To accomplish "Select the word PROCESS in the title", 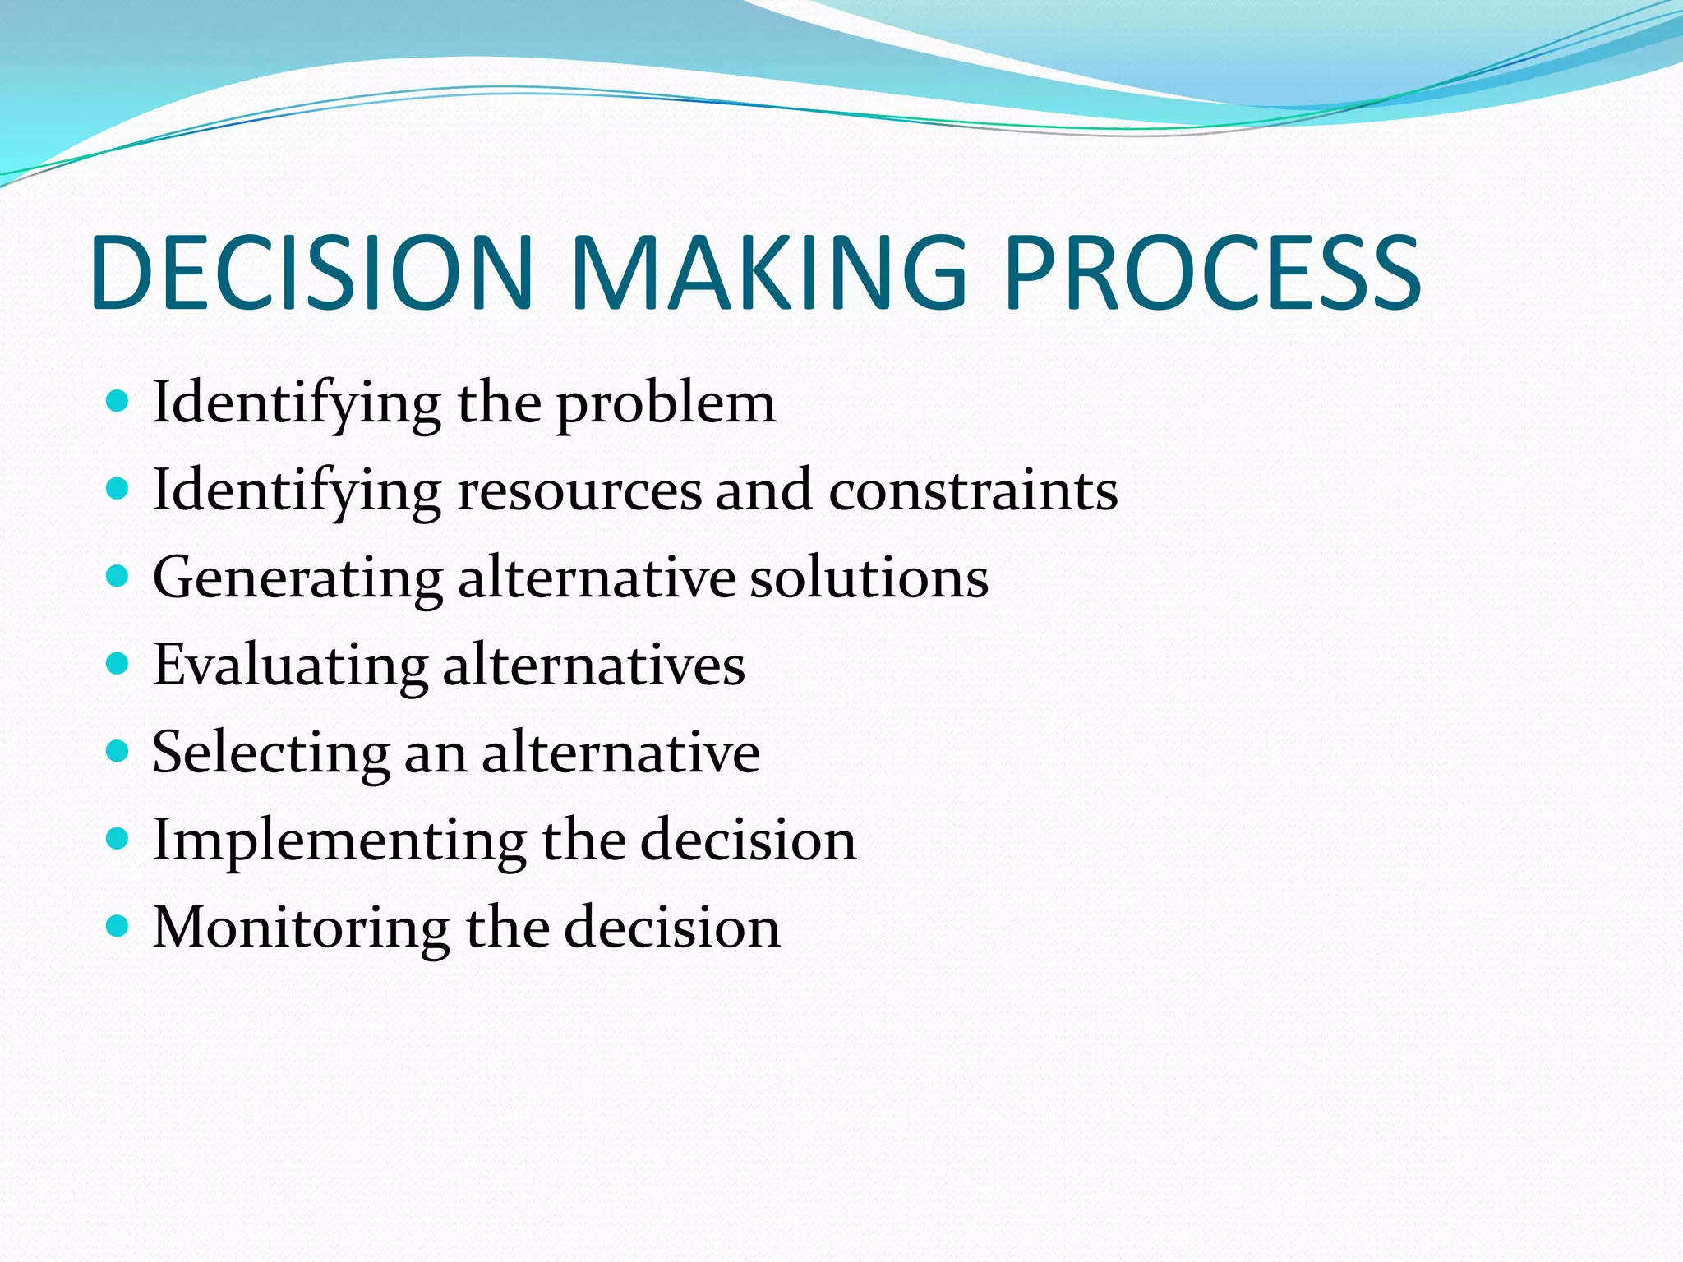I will coord(1212,273).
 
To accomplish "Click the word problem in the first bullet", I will coord(666,405).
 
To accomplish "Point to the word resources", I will coord(579,491).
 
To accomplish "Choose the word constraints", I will coord(973,491).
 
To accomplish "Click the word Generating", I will coord(297,579).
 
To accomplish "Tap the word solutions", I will coord(869,578).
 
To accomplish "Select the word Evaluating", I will coord(290,666).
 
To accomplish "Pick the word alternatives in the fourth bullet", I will coord(593,666).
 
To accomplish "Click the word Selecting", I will coord(270,753).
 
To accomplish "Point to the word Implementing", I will coord(339,841).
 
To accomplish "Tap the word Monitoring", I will coord(301,928).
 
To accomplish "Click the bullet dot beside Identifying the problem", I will coord(118,401).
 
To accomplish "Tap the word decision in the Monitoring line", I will coord(672,928).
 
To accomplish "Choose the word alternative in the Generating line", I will coord(596,578).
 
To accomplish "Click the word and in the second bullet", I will coord(763,491).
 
